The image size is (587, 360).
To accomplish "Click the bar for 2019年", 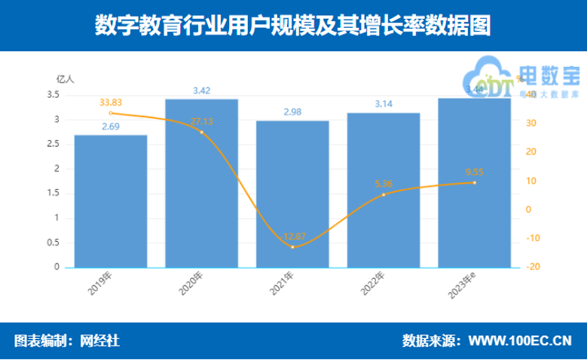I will [110, 201].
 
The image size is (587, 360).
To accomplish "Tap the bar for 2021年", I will [292, 194].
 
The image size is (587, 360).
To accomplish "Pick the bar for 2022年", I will [384, 190].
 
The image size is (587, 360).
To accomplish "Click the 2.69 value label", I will [110, 127].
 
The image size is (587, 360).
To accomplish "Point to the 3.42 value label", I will [201, 90].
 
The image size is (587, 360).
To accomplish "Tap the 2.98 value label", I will [292, 112].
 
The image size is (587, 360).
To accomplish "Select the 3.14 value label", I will [384, 104].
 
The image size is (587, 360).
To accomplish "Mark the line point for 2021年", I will [292, 247].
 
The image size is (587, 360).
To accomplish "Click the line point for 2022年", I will [384, 194].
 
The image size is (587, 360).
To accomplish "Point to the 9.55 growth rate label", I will [475, 171].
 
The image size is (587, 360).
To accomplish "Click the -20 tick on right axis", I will [532, 267].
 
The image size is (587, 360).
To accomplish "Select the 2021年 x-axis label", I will [290, 285].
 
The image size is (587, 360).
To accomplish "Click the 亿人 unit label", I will [66, 78].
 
